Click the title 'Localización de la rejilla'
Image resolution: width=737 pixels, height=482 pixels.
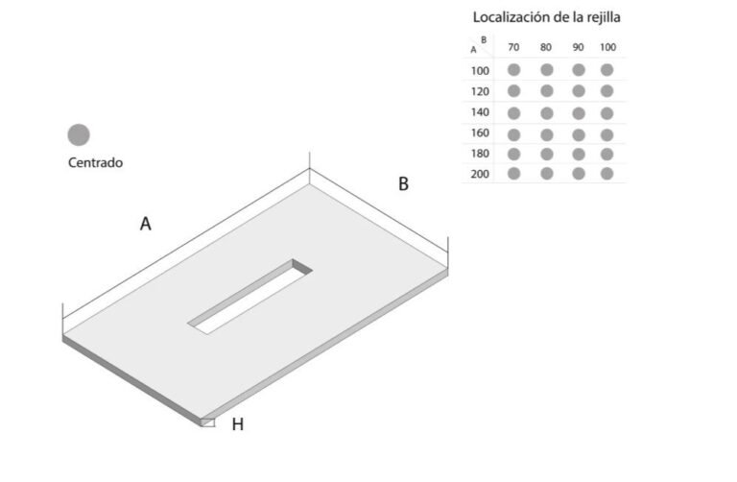click(x=546, y=17)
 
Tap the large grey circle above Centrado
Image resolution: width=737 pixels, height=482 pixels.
click(x=79, y=135)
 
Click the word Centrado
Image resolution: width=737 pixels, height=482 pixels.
click(x=95, y=162)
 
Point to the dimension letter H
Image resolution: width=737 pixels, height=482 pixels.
click(x=238, y=424)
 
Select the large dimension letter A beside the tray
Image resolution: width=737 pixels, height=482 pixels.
click(x=146, y=224)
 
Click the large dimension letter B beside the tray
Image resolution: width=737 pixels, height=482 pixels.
click(x=403, y=183)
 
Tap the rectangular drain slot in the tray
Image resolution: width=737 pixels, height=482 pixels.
click(x=250, y=297)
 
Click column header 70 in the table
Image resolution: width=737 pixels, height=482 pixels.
click(x=513, y=47)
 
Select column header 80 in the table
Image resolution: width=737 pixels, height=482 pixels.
click(x=546, y=47)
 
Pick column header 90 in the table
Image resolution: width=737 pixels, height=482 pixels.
click(x=578, y=47)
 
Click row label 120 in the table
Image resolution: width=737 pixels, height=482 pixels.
click(x=480, y=92)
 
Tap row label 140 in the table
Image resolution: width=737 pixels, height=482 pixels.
click(x=480, y=112)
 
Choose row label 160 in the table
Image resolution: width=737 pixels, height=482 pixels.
click(x=480, y=133)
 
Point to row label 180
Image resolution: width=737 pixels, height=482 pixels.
click(x=480, y=154)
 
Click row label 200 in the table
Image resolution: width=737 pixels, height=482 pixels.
click(x=480, y=174)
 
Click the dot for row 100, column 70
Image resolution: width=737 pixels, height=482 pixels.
click(x=513, y=70)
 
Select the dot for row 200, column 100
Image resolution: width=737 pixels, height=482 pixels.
click(x=606, y=174)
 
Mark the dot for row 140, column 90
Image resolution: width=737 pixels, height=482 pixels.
click(x=579, y=113)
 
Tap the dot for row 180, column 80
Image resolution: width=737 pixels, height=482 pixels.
click(x=547, y=155)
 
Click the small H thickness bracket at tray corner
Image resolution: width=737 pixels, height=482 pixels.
click(x=208, y=422)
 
